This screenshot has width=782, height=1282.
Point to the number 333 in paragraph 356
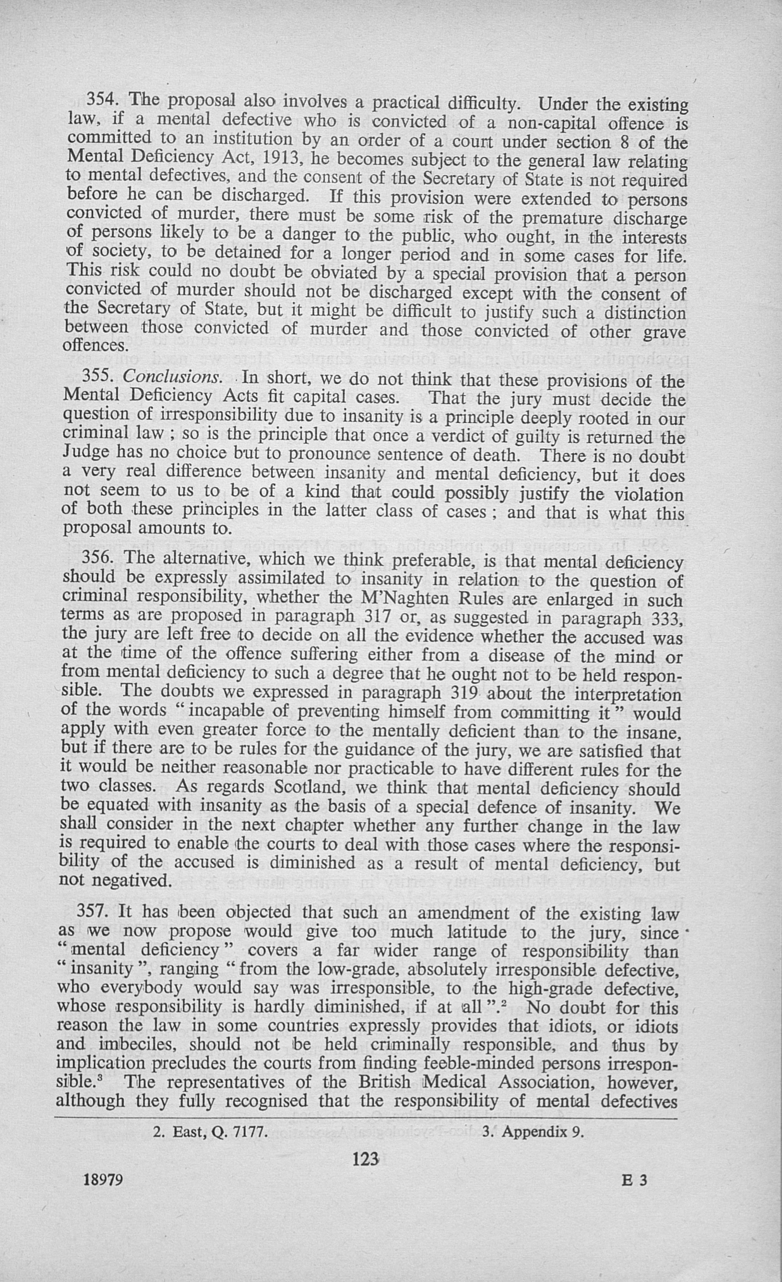[x=666, y=620]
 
